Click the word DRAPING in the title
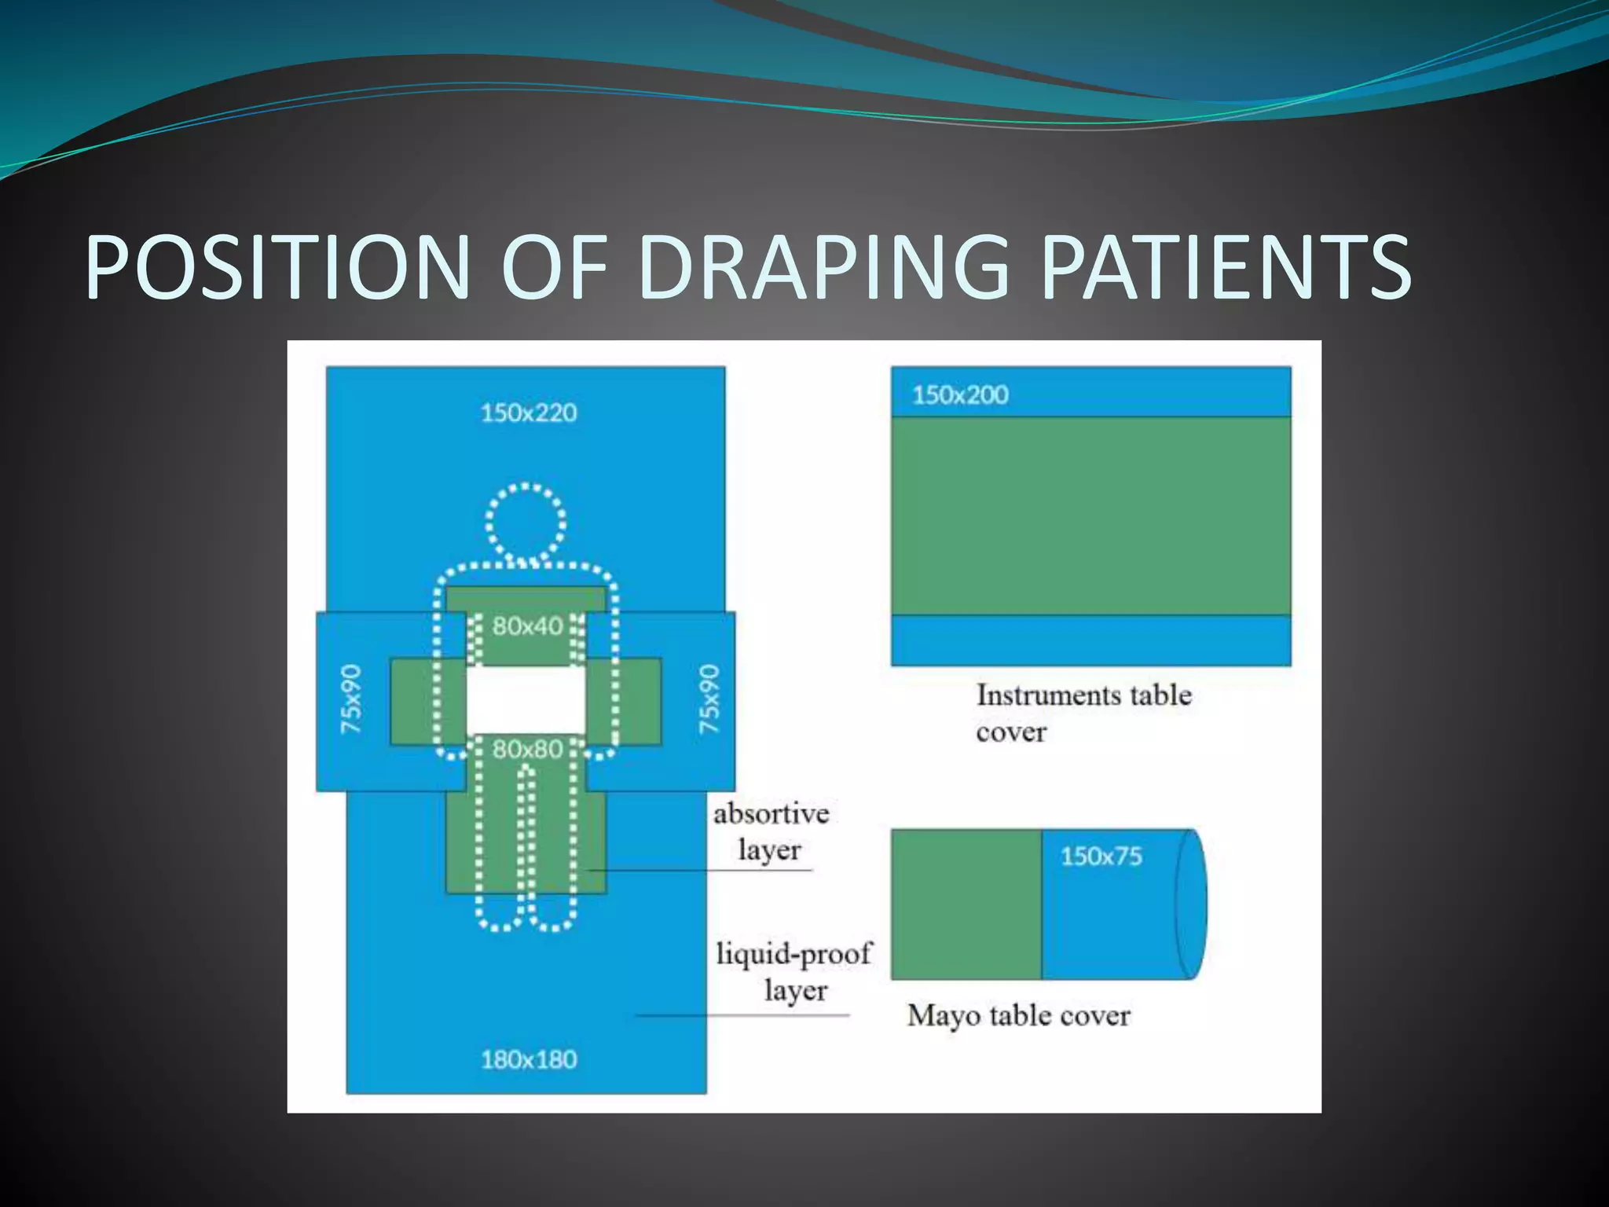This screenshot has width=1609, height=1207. tap(823, 267)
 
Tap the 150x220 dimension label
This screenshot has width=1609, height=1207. tap(529, 413)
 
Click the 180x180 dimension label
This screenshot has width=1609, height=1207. tap(529, 1059)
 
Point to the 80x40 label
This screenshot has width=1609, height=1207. tap(527, 626)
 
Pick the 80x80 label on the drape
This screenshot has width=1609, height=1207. tap(527, 750)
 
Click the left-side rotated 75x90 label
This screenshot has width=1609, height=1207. tap(351, 699)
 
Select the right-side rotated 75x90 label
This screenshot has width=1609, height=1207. tap(709, 699)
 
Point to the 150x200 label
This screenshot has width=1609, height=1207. tap(960, 394)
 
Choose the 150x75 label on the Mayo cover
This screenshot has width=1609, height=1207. tap(1101, 856)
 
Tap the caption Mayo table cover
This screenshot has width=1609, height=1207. tap(1018, 1016)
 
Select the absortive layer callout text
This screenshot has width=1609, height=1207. tap(771, 831)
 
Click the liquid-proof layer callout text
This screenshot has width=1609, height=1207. tap(794, 971)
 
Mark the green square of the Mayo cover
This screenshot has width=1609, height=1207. tap(966, 904)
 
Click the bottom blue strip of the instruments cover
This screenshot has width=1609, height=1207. tap(1090, 640)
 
